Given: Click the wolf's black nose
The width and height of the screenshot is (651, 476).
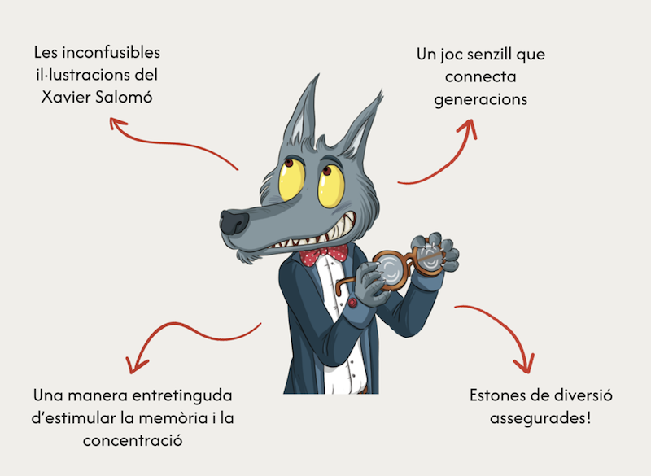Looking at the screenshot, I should [234, 221].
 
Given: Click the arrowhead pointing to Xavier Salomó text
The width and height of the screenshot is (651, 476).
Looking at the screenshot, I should [117, 123].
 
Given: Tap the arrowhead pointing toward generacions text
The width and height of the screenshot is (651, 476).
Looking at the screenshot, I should [471, 124].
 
